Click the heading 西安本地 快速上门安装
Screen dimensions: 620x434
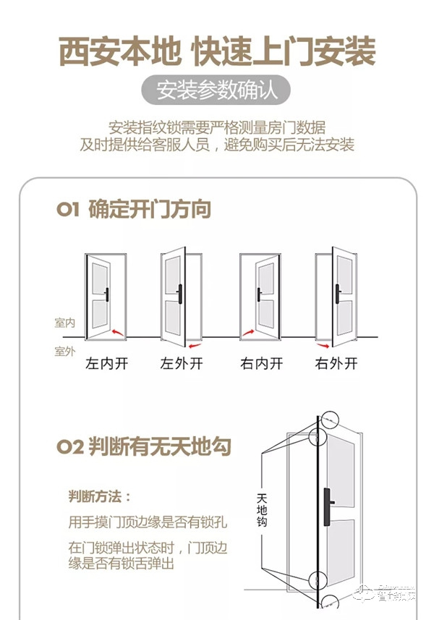point(217,53)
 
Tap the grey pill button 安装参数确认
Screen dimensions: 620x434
point(216,92)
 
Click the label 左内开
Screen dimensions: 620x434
point(107,364)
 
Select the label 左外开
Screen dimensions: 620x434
point(181,364)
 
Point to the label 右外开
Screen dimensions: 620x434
point(336,364)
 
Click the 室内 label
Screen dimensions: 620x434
point(65,323)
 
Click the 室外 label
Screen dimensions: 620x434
point(65,352)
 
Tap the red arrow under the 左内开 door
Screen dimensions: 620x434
point(118,333)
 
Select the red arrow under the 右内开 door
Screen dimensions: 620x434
point(248,333)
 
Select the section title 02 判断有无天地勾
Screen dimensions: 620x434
point(144,446)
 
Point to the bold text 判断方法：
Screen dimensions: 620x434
point(100,496)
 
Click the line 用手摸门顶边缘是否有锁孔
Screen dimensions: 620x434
point(136,522)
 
